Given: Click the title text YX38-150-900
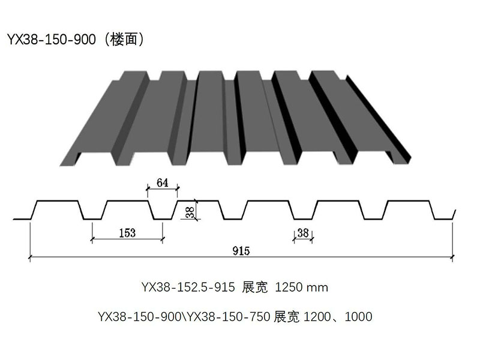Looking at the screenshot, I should pos(51,40).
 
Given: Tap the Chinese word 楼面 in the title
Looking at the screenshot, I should pos(123,40).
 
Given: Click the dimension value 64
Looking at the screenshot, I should pos(162,182).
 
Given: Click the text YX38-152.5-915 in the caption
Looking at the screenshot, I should pos(188,287).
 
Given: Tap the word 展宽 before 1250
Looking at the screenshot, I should pos(254,287).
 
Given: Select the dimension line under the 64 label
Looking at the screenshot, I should pos(162,189).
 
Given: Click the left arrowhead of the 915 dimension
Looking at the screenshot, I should pos(31,258).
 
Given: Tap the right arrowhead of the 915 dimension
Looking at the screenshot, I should pos(451,258).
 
